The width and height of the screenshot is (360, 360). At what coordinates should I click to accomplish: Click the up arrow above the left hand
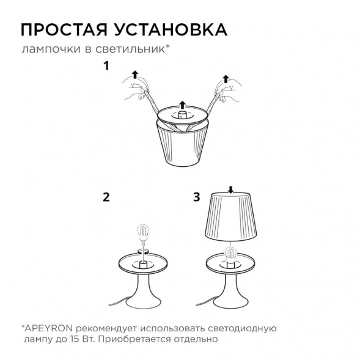point(134,75)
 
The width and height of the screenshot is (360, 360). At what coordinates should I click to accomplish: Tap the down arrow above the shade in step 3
point(230,188)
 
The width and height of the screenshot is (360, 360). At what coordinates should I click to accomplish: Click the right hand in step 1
point(226,95)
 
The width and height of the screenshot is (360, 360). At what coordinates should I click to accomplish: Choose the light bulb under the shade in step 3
point(231,253)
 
